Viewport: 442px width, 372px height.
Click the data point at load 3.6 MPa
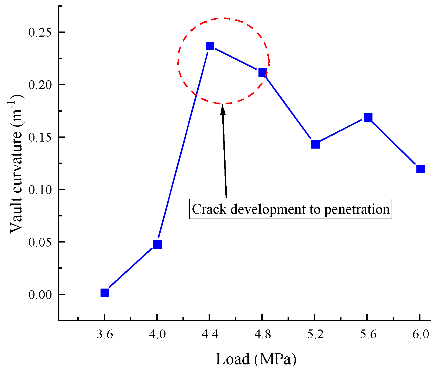tap(105, 293)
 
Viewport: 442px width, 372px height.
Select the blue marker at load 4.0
tap(157, 244)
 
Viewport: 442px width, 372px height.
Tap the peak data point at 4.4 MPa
tap(210, 46)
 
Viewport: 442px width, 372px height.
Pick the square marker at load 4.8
tap(263, 72)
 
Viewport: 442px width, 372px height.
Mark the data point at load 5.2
tap(315, 144)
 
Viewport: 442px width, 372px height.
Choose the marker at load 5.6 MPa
tap(368, 117)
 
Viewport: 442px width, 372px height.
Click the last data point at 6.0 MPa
tap(420, 169)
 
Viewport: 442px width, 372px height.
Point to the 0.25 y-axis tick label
tap(40, 33)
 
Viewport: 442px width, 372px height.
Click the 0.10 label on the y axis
tap(40, 190)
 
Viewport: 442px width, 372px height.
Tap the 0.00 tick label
tap(40, 295)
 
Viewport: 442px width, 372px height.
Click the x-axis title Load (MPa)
tap(256, 359)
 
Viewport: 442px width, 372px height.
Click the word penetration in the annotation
tap(357, 209)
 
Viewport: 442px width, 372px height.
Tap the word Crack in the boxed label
tap(209, 209)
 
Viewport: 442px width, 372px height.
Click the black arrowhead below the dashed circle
tap(223, 110)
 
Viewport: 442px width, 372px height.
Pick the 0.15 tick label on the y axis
tap(40, 138)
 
